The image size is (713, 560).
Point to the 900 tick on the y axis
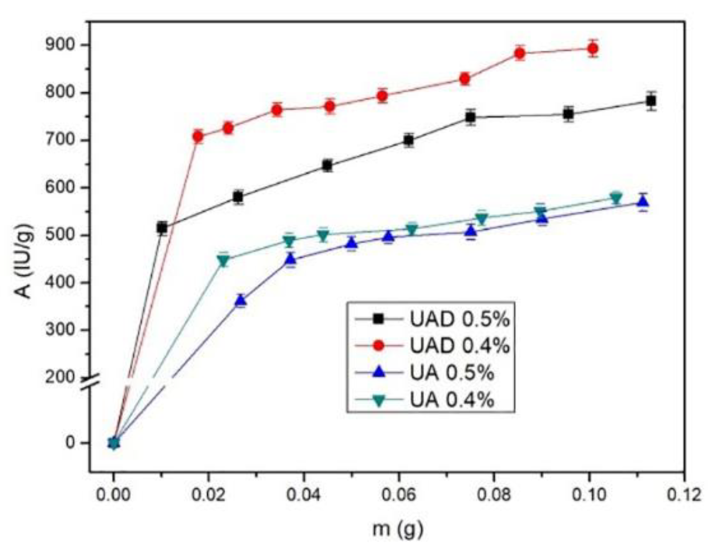coord(63,45)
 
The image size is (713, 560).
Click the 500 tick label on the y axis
coord(63,235)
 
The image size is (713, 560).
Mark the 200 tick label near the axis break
coord(63,377)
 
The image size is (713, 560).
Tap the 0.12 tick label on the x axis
coord(684,495)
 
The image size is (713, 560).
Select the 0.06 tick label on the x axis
coord(399,495)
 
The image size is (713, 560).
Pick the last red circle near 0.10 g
coord(593,48)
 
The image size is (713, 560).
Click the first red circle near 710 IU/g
coord(198,137)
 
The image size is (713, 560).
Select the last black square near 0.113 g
coord(651,101)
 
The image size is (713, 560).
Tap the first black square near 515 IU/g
coord(162,228)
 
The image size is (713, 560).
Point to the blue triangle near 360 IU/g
coord(240,301)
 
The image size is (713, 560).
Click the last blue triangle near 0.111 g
coord(643,201)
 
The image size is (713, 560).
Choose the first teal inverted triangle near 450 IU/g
coord(223,261)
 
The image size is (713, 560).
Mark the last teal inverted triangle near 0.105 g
coord(616,197)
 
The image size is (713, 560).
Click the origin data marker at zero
coord(114,443)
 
